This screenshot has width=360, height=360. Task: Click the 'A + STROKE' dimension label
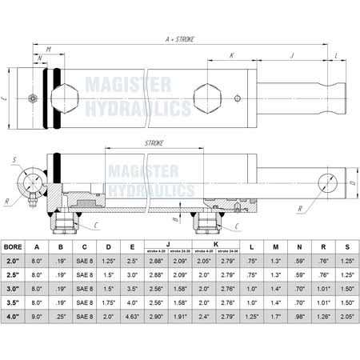coord(180,37)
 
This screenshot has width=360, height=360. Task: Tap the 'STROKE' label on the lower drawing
coord(154,143)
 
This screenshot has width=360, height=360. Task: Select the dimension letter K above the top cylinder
coord(231,56)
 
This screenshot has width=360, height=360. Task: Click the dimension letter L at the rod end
coord(337,56)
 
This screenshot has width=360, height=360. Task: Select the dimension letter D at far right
coord(352,183)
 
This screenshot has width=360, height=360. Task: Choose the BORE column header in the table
coord(13,247)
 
